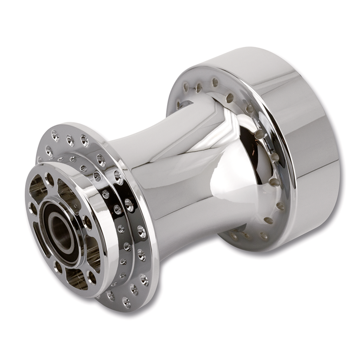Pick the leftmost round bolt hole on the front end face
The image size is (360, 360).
tap(32, 208)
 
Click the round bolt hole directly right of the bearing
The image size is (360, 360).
tap(87, 222)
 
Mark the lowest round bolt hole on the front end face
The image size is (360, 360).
tap(91, 277)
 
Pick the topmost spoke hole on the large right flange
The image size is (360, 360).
tap(215, 82)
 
